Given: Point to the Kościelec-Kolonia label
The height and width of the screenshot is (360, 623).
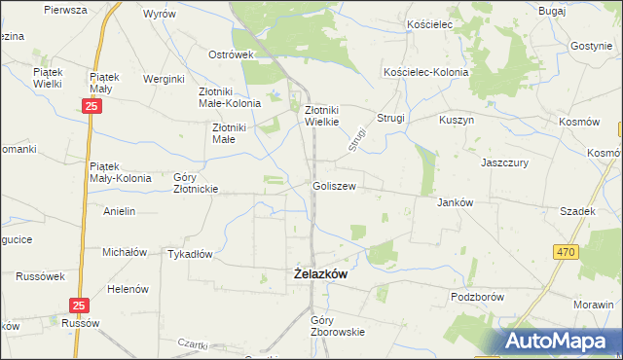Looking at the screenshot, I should tap(426, 73).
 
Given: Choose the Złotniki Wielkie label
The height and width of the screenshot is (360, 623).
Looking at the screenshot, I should tap(321, 117).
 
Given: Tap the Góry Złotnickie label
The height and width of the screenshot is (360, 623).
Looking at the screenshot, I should tap(195, 183).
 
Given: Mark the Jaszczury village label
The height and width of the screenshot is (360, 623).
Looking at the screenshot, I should tap(504, 163).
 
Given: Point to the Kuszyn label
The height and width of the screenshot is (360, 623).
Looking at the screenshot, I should tap(456, 119).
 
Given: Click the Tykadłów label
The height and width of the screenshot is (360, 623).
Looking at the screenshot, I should tap(190, 253).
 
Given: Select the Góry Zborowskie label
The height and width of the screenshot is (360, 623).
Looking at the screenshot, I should tap(337, 325).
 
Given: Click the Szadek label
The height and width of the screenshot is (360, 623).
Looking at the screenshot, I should tap(576, 211).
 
